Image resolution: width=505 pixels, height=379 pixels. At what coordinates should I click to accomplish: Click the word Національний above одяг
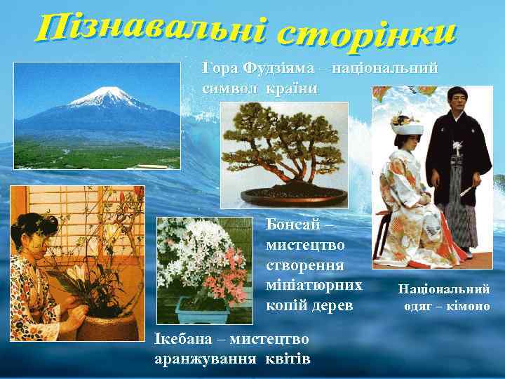point(444,288)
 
